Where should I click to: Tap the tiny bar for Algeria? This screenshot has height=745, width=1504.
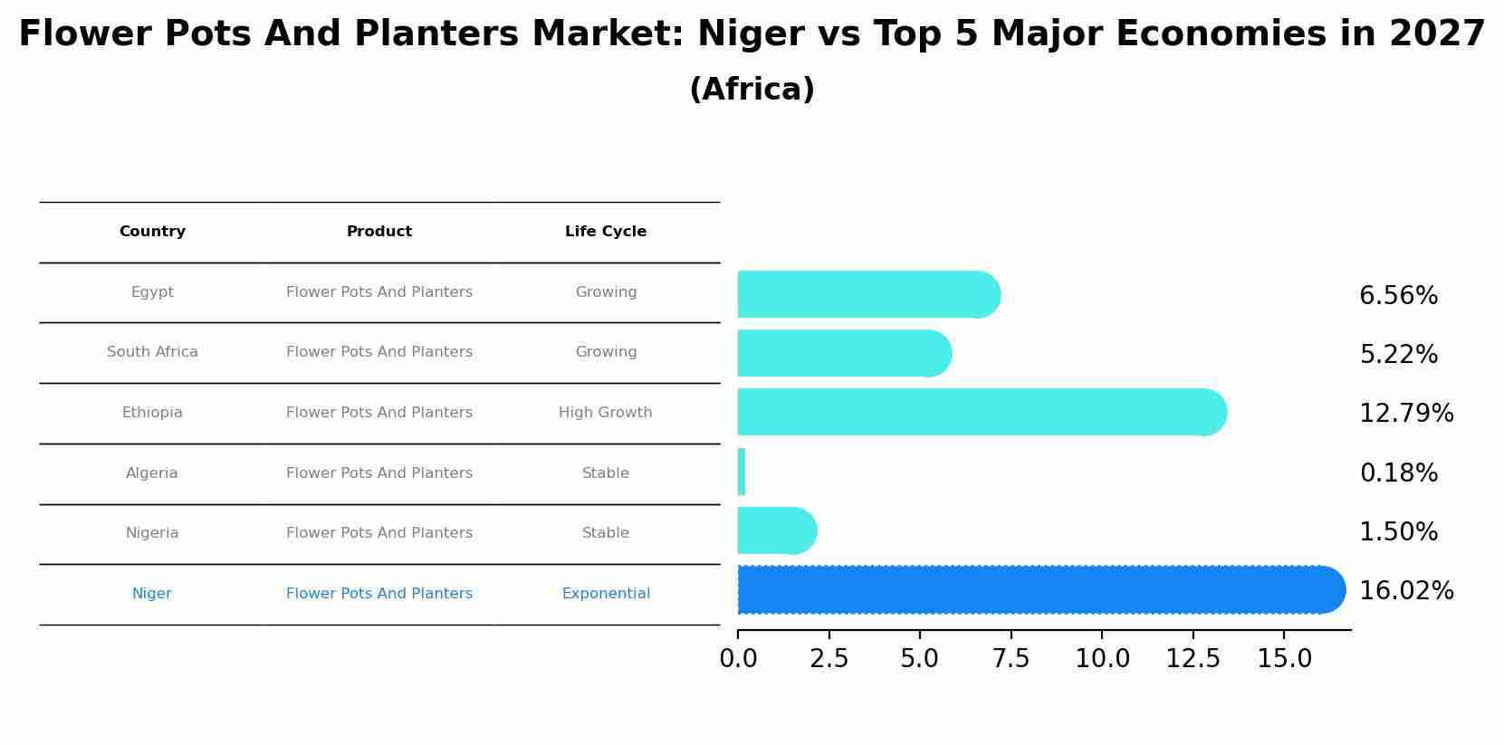tap(742, 472)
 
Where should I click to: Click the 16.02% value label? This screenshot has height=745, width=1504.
tap(1406, 591)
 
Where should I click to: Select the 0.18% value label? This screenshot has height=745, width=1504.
tap(1398, 473)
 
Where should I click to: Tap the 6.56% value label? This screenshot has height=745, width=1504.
tap(1398, 296)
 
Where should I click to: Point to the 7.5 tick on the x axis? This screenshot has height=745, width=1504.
tap(1011, 659)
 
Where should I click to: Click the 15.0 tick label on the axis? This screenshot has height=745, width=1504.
tap(1284, 659)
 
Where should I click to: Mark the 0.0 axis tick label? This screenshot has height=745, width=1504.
tap(738, 659)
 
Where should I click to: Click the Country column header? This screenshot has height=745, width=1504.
tap(152, 232)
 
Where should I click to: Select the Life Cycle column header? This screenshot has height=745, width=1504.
tap(606, 232)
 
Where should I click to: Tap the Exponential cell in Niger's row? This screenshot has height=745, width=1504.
tap(606, 594)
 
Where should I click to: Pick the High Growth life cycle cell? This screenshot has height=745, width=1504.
tap(605, 413)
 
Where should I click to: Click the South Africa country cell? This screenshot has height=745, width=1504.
tap(152, 352)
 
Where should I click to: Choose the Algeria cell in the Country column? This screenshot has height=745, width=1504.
tap(152, 473)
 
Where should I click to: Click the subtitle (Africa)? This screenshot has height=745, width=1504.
tap(752, 90)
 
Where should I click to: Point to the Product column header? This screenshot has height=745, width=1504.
tap(379, 232)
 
